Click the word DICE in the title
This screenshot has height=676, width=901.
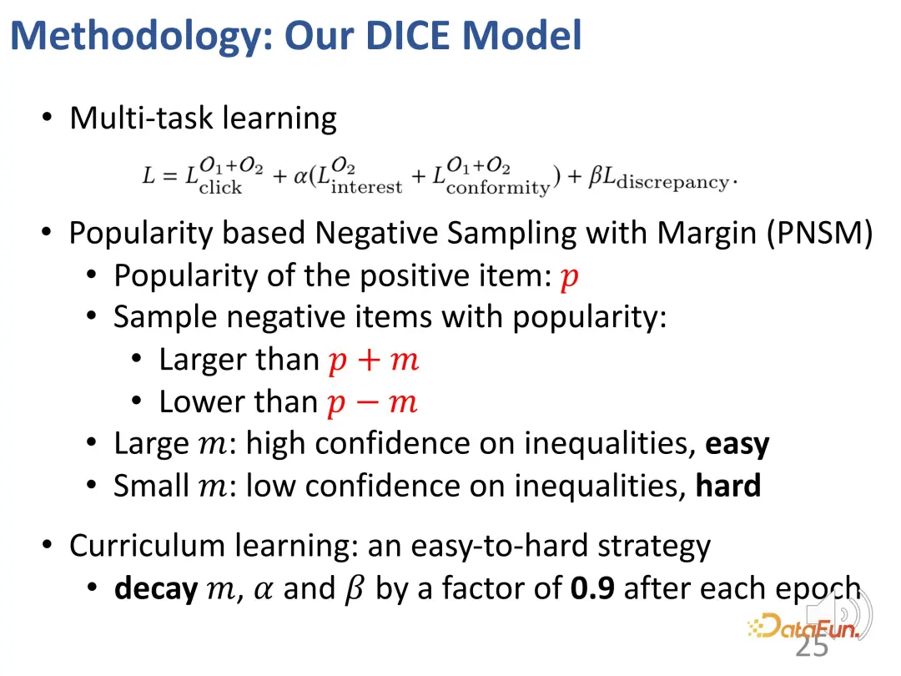click(407, 36)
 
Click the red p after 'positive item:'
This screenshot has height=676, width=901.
click(570, 278)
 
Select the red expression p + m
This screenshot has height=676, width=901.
click(374, 361)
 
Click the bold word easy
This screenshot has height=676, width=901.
click(737, 445)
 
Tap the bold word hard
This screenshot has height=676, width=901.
click(728, 486)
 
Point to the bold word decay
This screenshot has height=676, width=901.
click(156, 588)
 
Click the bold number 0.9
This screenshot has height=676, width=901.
click(592, 588)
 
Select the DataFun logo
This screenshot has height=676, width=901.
click(804, 627)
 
